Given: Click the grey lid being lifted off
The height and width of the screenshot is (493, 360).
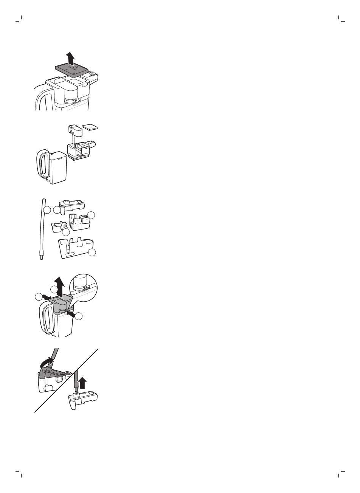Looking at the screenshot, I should point(72,68).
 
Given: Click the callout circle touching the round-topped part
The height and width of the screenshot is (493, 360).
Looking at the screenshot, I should point(92,215).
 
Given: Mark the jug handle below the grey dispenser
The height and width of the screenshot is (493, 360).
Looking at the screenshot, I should point(47,319).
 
